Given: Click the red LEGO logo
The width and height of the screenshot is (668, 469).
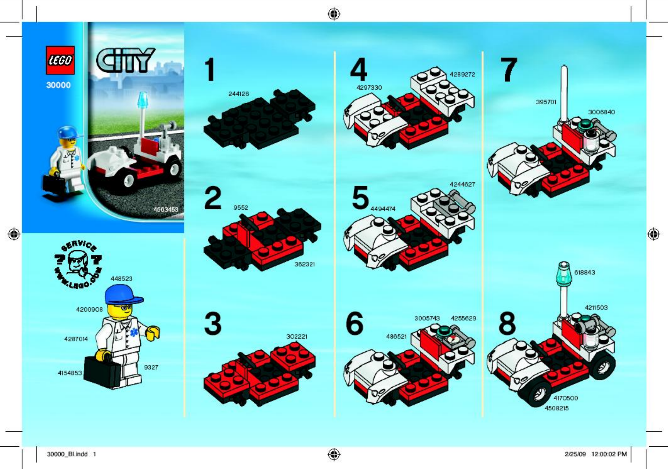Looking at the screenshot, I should [x=60, y=60].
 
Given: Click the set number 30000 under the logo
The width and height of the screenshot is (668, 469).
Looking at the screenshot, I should [x=58, y=85].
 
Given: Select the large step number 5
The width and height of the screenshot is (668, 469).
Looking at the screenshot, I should [x=360, y=198].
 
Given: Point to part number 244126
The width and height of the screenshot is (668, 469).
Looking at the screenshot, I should [x=238, y=94].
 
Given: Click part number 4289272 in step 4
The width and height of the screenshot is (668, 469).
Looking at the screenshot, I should [x=462, y=74].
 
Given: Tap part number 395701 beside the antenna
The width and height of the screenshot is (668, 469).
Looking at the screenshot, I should [x=546, y=102].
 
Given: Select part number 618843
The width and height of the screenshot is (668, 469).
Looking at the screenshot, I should [x=584, y=272].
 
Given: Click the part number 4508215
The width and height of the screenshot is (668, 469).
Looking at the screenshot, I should [x=556, y=408].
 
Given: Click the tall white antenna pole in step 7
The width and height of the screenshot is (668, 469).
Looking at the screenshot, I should [x=564, y=93].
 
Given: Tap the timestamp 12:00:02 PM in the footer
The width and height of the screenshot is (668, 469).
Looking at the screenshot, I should [x=609, y=454].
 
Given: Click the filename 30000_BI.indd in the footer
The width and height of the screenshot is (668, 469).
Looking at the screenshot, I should [x=67, y=454].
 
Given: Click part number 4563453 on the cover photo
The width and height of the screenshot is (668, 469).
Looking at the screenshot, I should [x=166, y=209].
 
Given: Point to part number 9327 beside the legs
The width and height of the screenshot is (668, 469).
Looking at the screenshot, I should [x=151, y=367].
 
